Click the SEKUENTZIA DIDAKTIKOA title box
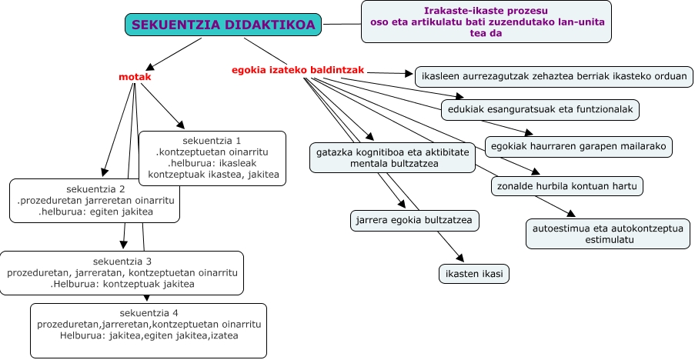pos(223,25)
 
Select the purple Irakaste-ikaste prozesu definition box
pos(484,22)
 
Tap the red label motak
pos(135,77)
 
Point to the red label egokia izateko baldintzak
pos(298,70)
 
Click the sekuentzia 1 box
pos(212,158)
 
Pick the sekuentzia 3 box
pos(122,272)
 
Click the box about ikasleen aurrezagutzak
pos(554,77)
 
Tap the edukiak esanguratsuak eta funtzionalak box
pos(540,109)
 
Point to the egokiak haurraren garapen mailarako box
pos(579,145)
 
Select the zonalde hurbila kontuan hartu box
pos(567,185)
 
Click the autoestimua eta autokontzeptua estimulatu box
pos(608,234)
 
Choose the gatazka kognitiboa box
pos(393,158)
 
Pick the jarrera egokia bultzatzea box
pos(415,221)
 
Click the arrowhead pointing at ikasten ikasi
pos(461,258)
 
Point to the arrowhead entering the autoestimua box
pos(570,214)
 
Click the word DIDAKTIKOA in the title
pos(269,25)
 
